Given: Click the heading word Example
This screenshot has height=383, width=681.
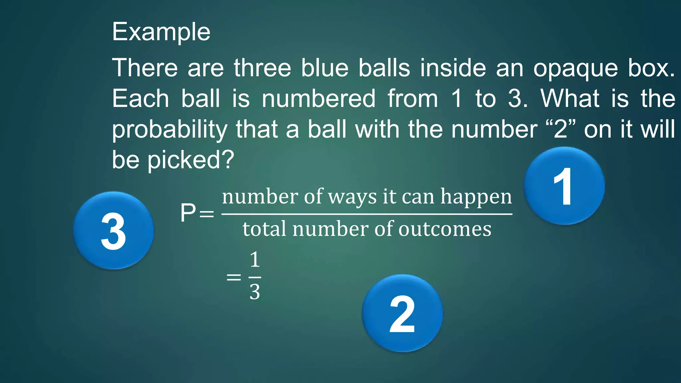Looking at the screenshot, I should pyautogui.click(x=161, y=32).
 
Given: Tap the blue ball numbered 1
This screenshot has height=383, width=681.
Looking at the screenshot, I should pyautogui.click(x=564, y=186).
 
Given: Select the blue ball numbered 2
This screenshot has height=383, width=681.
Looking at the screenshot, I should pyautogui.click(x=402, y=313).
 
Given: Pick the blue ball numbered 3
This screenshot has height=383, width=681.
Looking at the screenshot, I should pyautogui.click(x=113, y=230).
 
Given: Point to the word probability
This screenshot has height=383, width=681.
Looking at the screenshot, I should pyautogui.click(x=170, y=130).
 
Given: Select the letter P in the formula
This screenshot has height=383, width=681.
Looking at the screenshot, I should pyautogui.click(x=188, y=213).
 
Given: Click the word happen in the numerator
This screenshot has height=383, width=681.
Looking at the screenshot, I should pyautogui.click(x=476, y=197).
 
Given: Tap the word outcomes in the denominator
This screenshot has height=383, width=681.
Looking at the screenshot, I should pyautogui.click(x=445, y=229).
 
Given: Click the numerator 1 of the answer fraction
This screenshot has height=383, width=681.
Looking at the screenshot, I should pyautogui.click(x=255, y=260).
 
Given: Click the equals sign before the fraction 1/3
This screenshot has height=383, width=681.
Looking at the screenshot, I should pyautogui.click(x=233, y=277).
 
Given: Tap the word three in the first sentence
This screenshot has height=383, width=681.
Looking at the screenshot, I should pyautogui.click(x=262, y=68).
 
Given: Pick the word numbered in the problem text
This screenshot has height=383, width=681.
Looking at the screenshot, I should pyautogui.click(x=319, y=99).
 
